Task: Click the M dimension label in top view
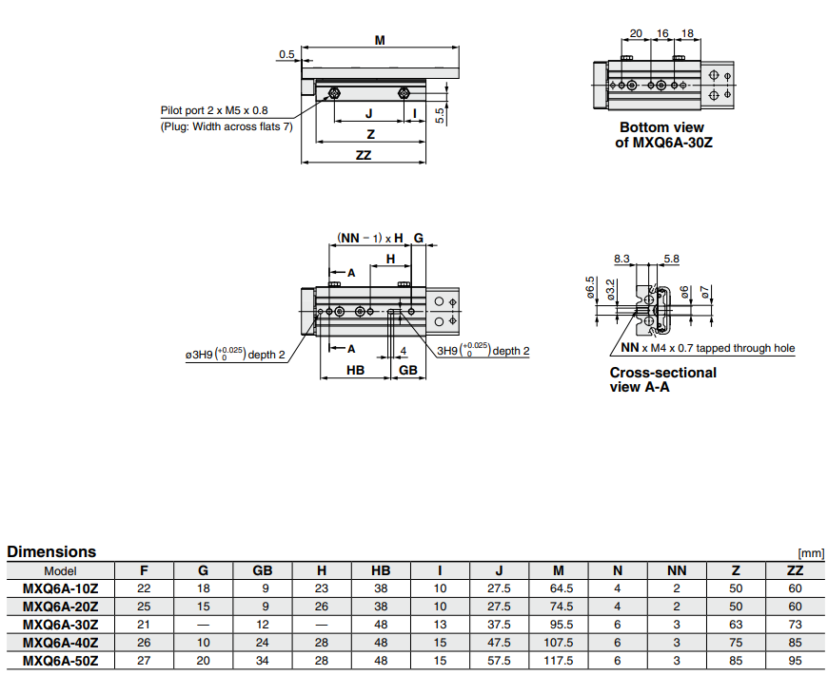click(x=380, y=40)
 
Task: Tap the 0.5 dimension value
click(x=286, y=55)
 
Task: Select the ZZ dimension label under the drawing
click(x=363, y=156)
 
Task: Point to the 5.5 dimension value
click(x=439, y=114)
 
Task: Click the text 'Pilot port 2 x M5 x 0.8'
click(x=214, y=110)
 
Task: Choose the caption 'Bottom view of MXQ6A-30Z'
click(x=661, y=135)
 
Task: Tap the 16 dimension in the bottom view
click(x=662, y=33)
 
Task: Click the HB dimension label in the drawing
click(x=355, y=370)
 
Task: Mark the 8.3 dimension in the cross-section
click(x=622, y=259)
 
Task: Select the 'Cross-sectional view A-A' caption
click(x=662, y=379)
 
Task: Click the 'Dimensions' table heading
click(x=51, y=551)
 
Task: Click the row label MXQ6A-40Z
click(x=60, y=643)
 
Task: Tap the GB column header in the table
click(x=263, y=570)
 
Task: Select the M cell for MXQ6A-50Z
click(x=559, y=661)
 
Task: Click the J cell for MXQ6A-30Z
click(x=500, y=625)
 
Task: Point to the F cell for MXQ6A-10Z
click(x=145, y=588)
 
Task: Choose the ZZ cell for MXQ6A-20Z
click(x=795, y=607)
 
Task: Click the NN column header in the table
click(x=677, y=570)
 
